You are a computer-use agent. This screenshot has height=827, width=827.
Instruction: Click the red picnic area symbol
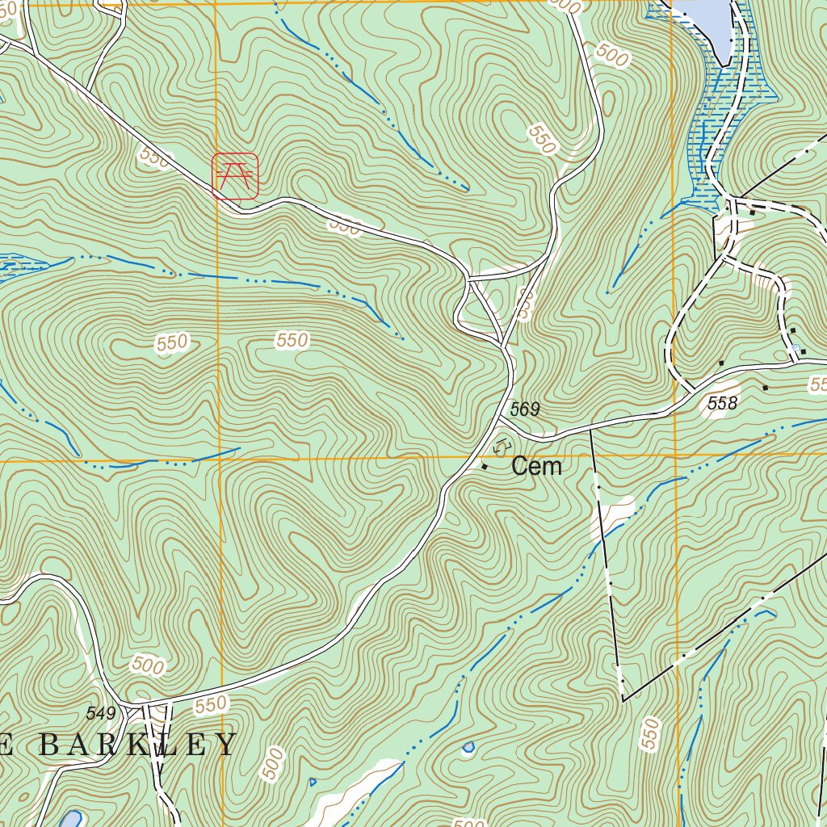click(235, 176)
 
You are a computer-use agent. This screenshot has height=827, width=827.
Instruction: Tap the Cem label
click(536, 466)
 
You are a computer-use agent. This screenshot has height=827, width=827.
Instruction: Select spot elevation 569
click(524, 410)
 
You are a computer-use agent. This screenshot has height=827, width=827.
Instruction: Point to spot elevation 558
click(722, 403)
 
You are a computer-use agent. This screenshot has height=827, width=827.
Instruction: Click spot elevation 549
click(101, 713)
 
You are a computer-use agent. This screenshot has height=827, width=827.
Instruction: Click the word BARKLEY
click(137, 744)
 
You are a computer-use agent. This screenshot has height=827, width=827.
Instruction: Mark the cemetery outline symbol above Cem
click(502, 444)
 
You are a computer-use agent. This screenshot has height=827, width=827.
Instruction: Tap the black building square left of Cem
click(485, 466)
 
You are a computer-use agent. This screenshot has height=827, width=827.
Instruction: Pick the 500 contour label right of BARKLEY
click(274, 763)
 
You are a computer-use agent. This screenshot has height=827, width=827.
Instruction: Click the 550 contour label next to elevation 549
click(210, 704)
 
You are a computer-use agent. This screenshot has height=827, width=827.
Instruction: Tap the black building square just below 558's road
click(765, 388)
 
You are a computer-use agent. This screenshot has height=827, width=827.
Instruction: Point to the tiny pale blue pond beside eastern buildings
click(796, 348)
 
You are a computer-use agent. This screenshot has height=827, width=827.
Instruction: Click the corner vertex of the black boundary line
click(623, 700)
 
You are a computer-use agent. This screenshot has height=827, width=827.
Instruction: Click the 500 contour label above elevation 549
click(147, 666)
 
